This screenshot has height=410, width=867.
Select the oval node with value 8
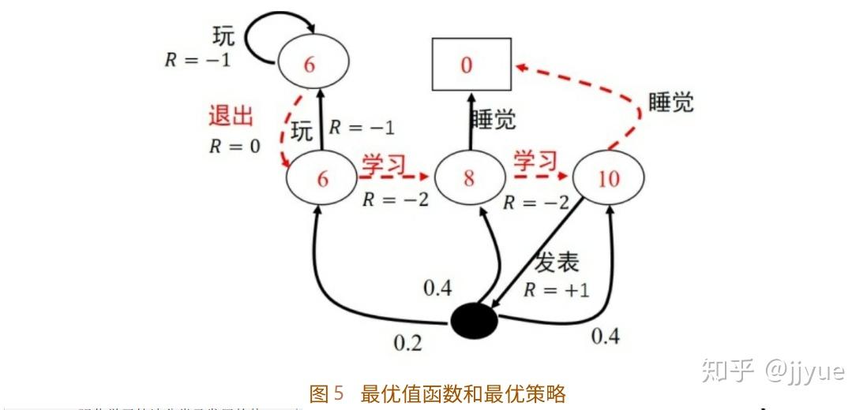click(x=469, y=177)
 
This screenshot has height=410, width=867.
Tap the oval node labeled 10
click(x=608, y=178)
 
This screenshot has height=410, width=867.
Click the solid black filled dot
click(x=474, y=321)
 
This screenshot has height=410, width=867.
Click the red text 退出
click(x=231, y=117)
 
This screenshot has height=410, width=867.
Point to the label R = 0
click(x=235, y=146)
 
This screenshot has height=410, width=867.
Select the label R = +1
click(x=557, y=289)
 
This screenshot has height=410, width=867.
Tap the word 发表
click(x=557, y=263)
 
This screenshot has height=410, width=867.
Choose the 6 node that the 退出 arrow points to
click(x=322, y=179)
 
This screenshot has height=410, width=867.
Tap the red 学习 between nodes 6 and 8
click(x=385, y=164)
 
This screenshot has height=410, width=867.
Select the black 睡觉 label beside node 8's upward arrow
click(x=494, y=119)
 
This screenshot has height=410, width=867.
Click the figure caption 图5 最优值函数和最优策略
click(x=438, y=393)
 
